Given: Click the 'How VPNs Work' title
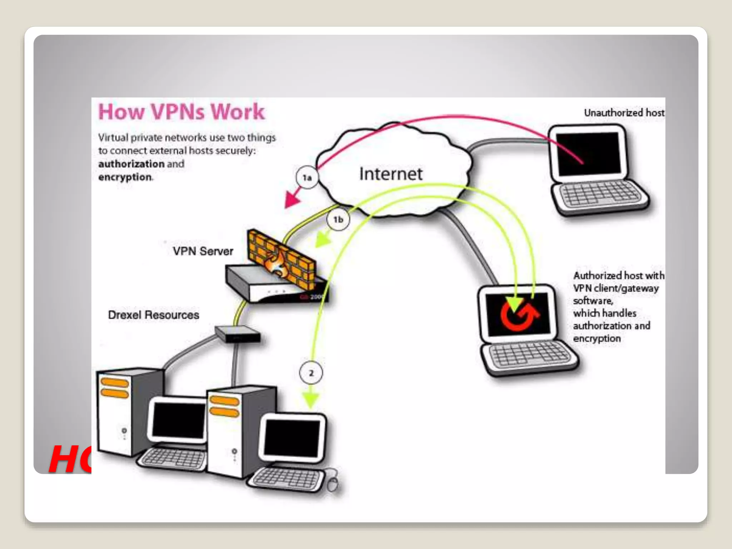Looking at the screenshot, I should pos(181,112).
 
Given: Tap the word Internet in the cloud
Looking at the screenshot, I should pos(391,174).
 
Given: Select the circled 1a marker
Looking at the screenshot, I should pos(307,178).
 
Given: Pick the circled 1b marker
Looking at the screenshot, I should pos(338,219).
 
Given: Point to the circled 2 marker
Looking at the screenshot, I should pos(311,373).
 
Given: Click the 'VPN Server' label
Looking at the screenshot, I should pos(203,251).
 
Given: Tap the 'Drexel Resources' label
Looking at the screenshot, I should pos(154,315).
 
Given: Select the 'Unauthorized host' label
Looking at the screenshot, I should pos(624,113).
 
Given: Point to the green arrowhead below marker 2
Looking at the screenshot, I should pos(311,400).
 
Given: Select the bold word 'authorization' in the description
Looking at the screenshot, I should pos(131,164).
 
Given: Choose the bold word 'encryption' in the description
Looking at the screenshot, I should pos(125,177).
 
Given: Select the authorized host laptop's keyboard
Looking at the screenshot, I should pos(529,354).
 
